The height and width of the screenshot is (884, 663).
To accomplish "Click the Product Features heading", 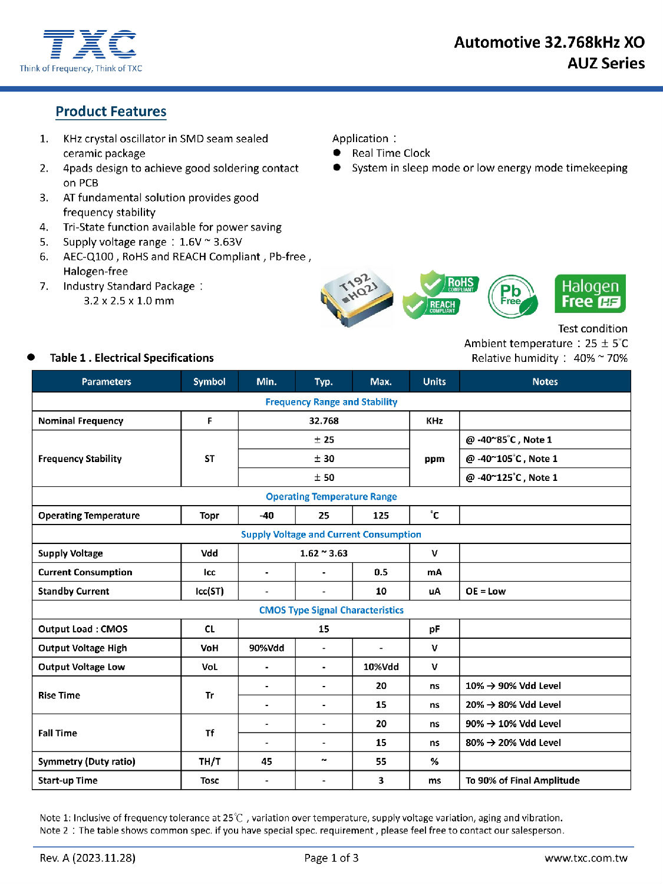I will [111, 111].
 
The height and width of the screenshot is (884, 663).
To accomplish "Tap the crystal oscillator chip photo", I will [357, 296].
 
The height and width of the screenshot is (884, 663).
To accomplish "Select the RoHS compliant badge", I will [450, 283].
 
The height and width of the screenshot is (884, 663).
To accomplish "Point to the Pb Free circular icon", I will [512, 296].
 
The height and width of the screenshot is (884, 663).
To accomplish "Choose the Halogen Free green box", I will [590, 293].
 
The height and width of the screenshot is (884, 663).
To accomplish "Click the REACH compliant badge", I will [433, 306].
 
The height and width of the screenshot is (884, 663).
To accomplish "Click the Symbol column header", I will [209, 381].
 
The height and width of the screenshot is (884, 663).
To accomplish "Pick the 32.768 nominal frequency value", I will [324, 421].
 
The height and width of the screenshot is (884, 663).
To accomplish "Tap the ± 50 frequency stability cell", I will [324, 477].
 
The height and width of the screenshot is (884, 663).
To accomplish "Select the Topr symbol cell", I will [209, 516].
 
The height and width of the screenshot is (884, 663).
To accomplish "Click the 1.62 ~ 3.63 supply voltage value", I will [324, 553].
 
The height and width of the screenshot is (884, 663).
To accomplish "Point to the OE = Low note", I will [486, 591].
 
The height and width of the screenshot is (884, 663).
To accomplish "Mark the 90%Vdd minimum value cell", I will [266, 648].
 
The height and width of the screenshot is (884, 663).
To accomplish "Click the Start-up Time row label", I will [68, 780].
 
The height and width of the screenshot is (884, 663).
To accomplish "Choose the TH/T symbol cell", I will [209, 761].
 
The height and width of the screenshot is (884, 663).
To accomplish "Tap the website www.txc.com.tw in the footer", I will [586, 858].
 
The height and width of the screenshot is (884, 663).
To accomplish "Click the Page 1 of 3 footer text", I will [331, 858].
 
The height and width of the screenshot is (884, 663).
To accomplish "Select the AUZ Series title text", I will [606, 63].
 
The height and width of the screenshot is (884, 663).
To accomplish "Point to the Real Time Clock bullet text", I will [391, 153].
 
